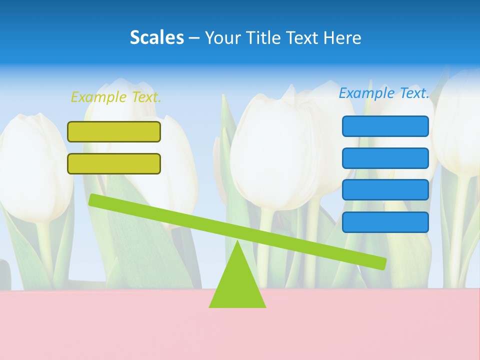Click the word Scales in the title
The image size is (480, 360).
[x=156, y=37]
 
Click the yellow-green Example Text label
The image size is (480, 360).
[x=116, y=97]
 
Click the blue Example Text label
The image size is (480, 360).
[x=384, y=93]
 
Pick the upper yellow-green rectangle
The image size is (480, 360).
[x=114, y=131]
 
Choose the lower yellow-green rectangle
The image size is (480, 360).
[x=114, y=163]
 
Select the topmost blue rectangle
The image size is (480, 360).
[x=385, y=126]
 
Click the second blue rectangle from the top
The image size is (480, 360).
[x=385, y=158]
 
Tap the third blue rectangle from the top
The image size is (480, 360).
[x=385, y=190]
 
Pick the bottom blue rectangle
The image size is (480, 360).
[x=385, y=222]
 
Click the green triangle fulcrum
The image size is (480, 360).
[x=237, y=285]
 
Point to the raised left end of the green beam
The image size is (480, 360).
[x=92, y=200]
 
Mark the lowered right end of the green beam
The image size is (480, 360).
[x=382, y=263]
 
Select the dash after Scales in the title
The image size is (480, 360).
[x=194, y=38]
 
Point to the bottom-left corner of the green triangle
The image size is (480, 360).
[x=210, y=307]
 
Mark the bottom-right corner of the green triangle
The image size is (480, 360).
[x=265, y=307]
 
